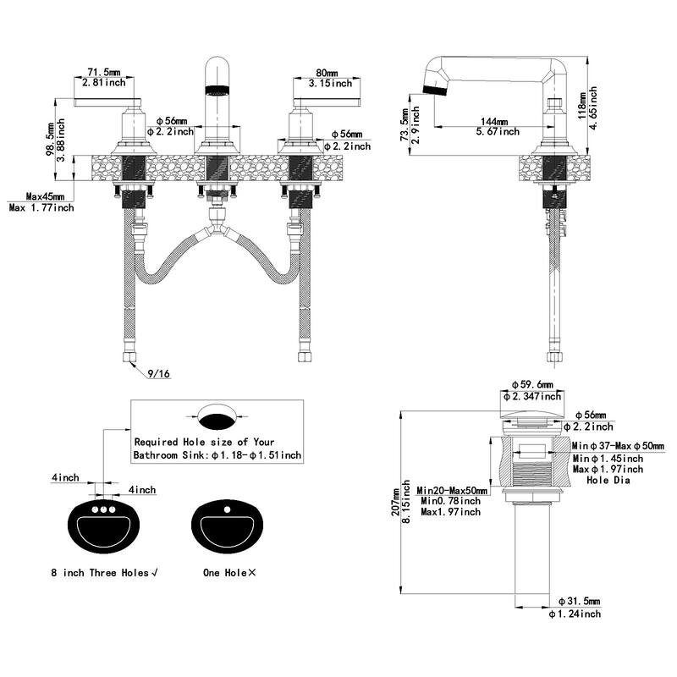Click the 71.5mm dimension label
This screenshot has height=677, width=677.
coord(104,74)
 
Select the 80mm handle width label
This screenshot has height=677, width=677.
coord(323,73)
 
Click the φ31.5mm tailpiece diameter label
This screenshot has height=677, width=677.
coord(575,602)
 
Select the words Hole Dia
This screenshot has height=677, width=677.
coord(610,480)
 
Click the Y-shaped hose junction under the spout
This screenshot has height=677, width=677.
coord(218,230)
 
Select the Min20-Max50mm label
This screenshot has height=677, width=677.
coord(453,490)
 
